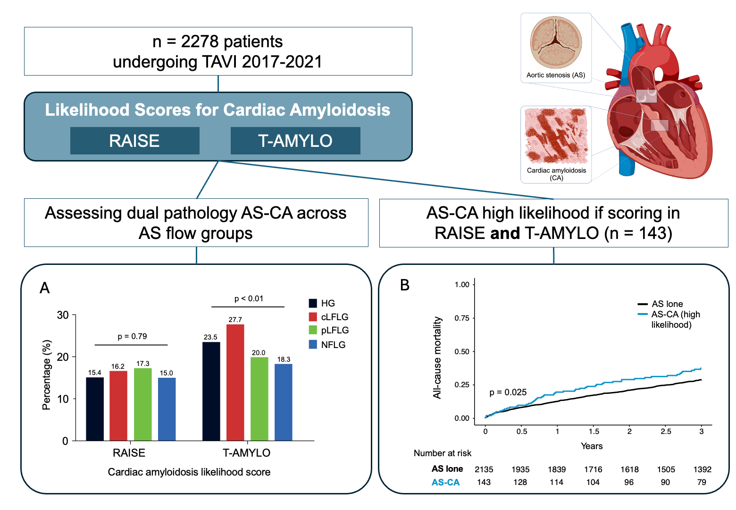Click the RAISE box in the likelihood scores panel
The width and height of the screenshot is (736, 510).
point(134,141)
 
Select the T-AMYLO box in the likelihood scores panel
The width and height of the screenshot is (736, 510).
point(295,141)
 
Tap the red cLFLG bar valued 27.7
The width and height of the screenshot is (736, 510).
point(235,382)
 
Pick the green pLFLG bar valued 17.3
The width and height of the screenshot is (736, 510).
point(142,404)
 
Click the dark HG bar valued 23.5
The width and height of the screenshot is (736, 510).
point(211,391)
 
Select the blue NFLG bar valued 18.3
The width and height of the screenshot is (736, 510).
point(283,402)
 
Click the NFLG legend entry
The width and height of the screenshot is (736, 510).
point(327,345)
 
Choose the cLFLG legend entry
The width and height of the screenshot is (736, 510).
point(329,317)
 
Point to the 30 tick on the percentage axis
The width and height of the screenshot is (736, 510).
point(63,315)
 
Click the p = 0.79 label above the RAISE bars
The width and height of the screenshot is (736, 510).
point(132,336)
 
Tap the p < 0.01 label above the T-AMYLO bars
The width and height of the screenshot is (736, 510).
point(249,298)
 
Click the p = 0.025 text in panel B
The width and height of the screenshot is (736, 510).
point(508,392)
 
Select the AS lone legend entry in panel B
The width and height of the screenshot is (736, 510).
point(661,304)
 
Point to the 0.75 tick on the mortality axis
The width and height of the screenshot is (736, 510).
point(462,318)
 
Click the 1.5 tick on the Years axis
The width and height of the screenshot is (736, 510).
point(594,431)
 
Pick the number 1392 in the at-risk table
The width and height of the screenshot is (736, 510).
point(702,469)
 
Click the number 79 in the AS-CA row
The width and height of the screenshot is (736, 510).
point(702,482)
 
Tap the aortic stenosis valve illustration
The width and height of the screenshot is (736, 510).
point(556,42)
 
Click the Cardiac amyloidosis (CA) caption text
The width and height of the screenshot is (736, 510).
point(556,174)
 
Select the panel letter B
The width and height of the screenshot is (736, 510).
point(404,285)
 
